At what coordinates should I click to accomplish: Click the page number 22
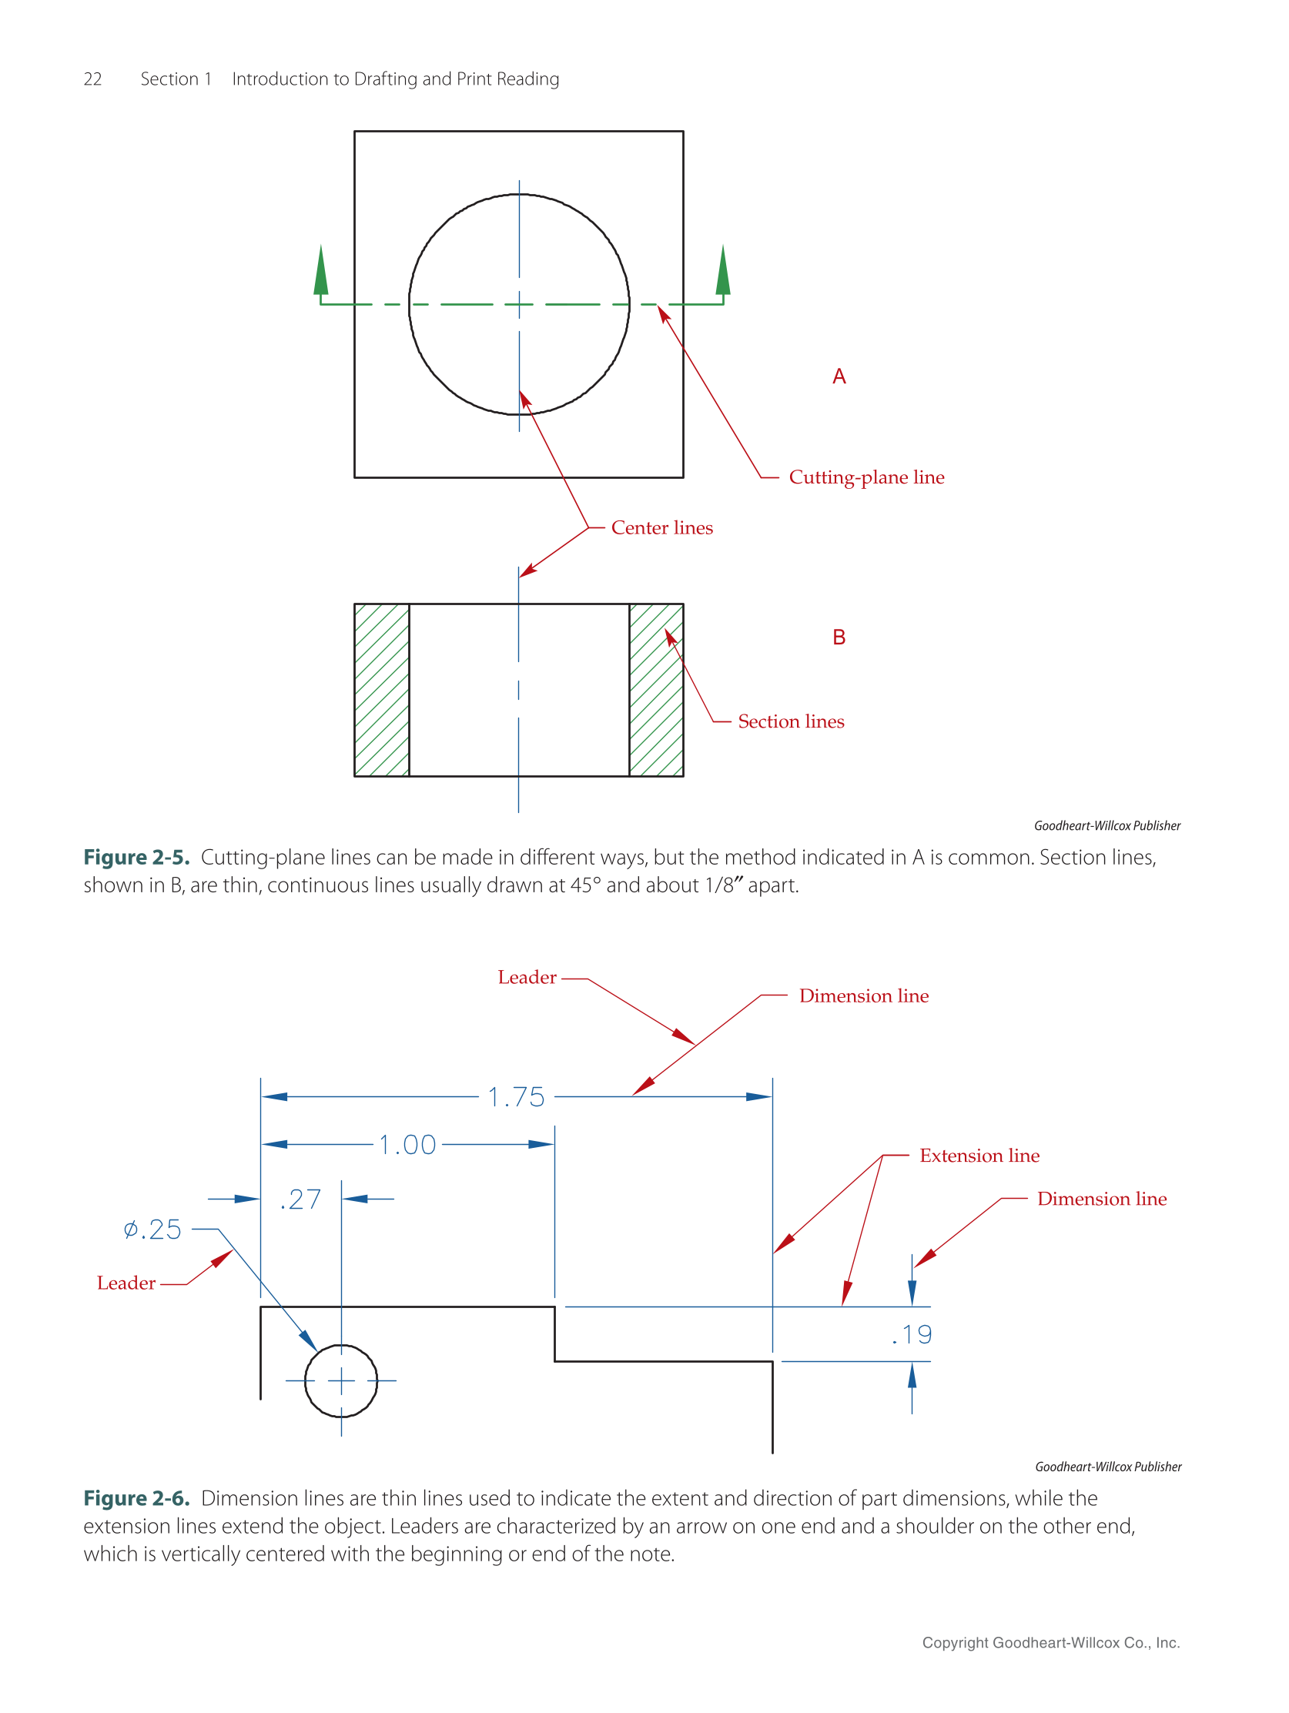point(92,79)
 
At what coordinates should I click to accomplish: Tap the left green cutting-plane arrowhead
point(320,273)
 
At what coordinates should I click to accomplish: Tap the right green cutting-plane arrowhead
point(723,273)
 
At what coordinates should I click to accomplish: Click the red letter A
point(839,376)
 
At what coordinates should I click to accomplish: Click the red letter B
point(839,637)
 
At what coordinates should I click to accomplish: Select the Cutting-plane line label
point(866,477)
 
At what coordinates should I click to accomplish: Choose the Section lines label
point(790,721)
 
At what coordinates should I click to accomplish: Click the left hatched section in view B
point(381,689)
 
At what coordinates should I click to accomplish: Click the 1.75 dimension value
point(516,1096)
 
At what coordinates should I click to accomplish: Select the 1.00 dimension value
point(407,1144)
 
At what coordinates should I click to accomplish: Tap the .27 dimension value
point(300,1199)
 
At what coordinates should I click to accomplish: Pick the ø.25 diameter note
point(152,1229)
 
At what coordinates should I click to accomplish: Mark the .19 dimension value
point(912,1333)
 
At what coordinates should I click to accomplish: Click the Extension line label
point(979,1156)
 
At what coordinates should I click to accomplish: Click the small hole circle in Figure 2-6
point(341,1380)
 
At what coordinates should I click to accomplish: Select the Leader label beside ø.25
point(126,1283)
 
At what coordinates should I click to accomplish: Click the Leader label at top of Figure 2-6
point(527,977)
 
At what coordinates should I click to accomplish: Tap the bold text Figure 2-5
point(136,858)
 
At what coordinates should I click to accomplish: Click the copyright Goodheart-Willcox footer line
point(1050,1642)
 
